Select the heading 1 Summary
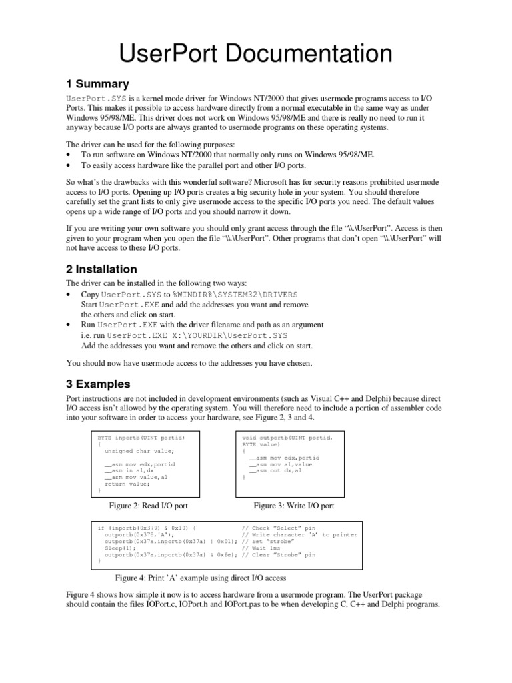(x=97, y=84)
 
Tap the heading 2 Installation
(x=101, y=269)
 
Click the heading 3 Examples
(x=98, y=384)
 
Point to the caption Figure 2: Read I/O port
(x=152, y=506)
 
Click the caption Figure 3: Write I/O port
(x=293, y=506)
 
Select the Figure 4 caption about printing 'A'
(x=201, y=578)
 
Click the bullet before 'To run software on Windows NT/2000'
(x=70, y=155)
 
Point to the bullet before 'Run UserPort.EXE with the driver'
(x=70, y=325)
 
